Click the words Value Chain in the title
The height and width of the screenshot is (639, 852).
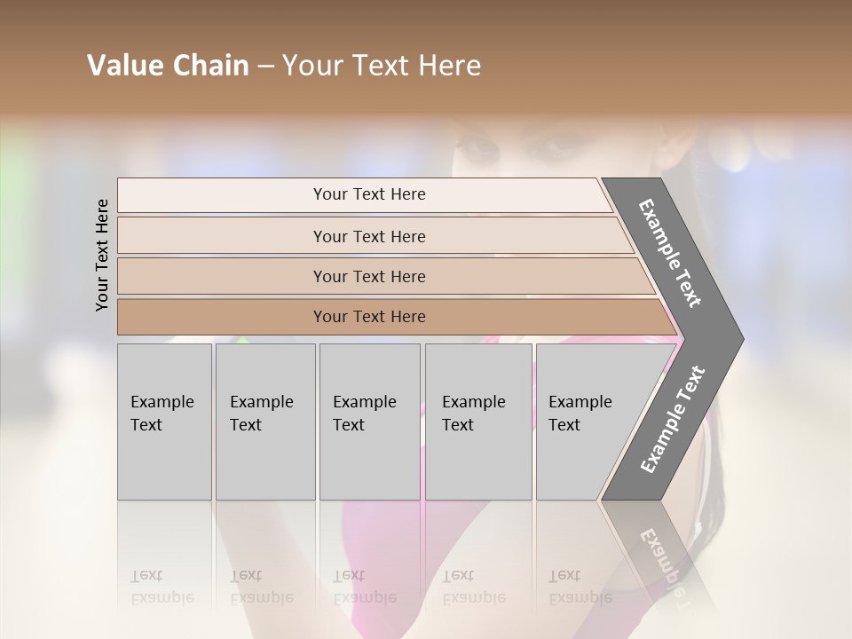point(168,66)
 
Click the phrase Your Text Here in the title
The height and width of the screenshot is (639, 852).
point(382,66)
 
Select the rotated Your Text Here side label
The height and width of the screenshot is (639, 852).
point(102,255)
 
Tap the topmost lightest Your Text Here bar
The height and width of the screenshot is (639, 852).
point(369,194)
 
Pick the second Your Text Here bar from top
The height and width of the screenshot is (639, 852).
point(369,236)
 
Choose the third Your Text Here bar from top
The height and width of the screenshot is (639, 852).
point(369,276)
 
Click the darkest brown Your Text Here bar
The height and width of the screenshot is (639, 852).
point(369,317)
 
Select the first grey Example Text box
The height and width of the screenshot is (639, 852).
point(164,422)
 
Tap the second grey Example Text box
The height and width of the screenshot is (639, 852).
point(264,422)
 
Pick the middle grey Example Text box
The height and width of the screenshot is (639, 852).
point(369,422)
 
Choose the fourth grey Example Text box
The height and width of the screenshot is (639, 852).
point(477,422)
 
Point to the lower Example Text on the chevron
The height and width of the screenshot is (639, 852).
point(673,419)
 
